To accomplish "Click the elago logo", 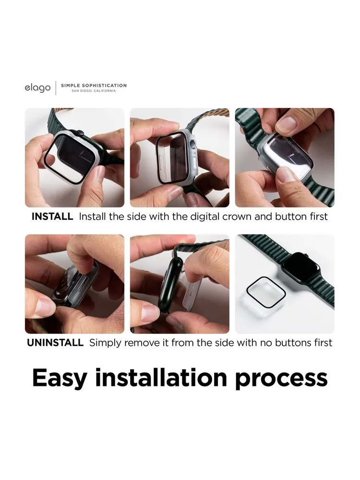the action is coord(37,88).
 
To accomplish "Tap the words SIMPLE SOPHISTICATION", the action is coord(94,85).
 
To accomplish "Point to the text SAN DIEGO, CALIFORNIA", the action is coord(94,91).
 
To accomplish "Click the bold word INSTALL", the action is coord(52,216).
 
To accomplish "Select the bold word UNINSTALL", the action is coord(55,343).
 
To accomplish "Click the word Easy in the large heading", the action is coord(60,379).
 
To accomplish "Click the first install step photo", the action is coord(75,157).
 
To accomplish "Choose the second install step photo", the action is coord(180,157).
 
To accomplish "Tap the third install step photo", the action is coord(285,157).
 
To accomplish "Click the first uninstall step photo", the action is coord(75,284).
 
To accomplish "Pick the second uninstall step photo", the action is coord(180,284).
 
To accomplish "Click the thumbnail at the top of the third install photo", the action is coord(287,124).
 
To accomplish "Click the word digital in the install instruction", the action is coord(205,217).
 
